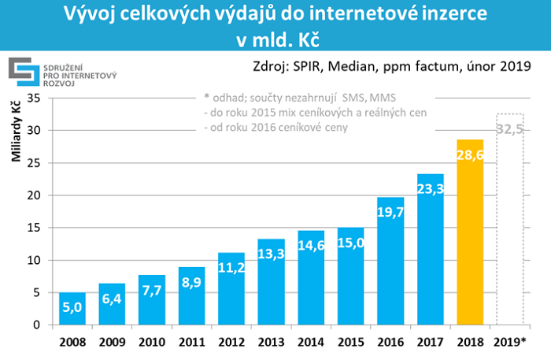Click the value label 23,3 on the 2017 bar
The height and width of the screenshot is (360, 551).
coord(431,189)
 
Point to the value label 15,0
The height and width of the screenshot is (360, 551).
coord(351,242)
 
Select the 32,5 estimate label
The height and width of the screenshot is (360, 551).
coord(510,129)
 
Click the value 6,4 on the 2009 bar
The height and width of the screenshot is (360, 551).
coord(112,299)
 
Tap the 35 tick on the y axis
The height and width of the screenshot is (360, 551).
coord(34,98)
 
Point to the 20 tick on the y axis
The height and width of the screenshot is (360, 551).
coord(34,195)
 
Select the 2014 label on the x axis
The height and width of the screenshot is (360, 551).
coord(311,343)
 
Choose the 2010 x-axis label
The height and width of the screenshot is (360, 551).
coord(152,343)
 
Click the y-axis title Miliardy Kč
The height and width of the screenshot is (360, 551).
coord(16,134)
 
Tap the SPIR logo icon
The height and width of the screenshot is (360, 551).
coord(21,71)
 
